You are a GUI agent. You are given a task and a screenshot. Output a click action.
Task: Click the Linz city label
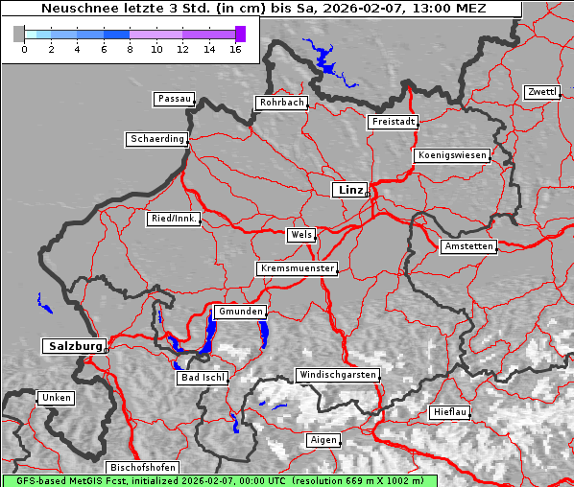tap(349, 190)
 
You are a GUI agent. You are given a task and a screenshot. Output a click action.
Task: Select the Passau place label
tap(174, 99)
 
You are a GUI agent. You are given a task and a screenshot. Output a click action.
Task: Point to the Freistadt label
tap(393, 122)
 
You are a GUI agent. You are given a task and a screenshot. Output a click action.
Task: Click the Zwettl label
tap(541, 92)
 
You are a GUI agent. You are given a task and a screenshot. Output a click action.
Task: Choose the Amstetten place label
tap(468, 246)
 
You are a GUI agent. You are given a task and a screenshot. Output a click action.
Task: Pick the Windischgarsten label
tap(337, 375)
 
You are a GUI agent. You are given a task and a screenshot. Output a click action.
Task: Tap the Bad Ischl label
tap(203, 378)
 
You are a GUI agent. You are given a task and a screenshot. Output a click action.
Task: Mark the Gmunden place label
tap(239, 313)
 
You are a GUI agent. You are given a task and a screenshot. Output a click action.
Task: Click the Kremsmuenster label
tap(298, 268)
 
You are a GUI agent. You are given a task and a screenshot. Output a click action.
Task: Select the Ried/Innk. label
tap(174, 219)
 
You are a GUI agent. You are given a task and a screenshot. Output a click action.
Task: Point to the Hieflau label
tap(450, 412)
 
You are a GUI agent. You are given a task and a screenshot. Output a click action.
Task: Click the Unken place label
tap(56, 397)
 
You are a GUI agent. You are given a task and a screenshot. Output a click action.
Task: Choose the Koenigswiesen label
tap(452, 155)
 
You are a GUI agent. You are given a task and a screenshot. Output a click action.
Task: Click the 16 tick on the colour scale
tap(235, 49)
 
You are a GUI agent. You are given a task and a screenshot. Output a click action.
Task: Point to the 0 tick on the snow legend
tap(24, 49)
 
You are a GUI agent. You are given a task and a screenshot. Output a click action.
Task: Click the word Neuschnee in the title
tap(74, 9)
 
